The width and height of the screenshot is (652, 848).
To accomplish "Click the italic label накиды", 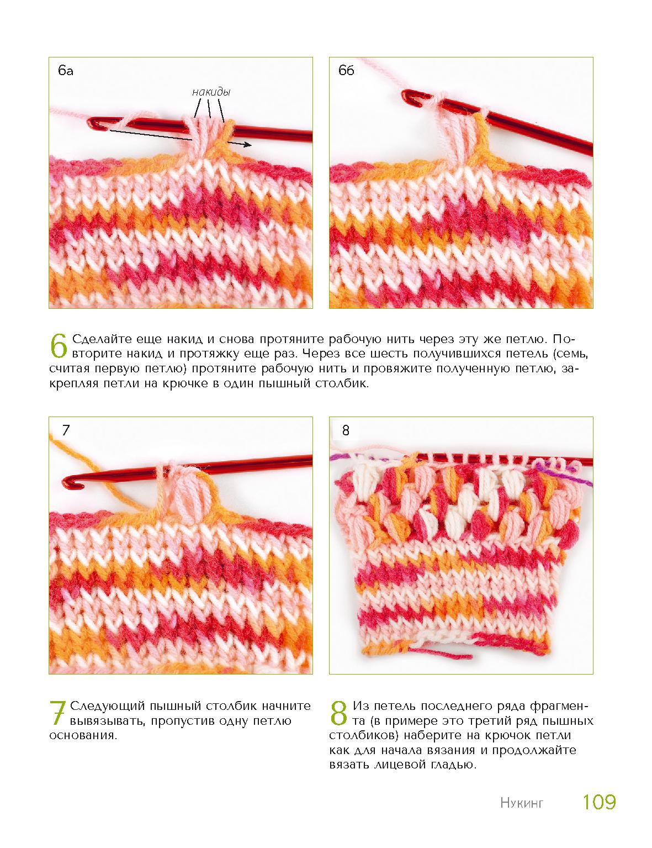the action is point(211,92).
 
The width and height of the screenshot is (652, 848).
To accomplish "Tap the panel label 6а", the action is point(66,71).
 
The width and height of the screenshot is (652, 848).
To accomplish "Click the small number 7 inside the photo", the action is point(66,430).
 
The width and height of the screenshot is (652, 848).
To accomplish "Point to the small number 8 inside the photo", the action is point(346,430).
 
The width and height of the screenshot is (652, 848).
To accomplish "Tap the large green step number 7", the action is point(57,713).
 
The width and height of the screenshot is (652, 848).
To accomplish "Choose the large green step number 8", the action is point(338,713).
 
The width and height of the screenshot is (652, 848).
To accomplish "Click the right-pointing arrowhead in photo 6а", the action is point(246,145).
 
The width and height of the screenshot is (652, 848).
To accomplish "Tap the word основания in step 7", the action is point(83,736).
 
